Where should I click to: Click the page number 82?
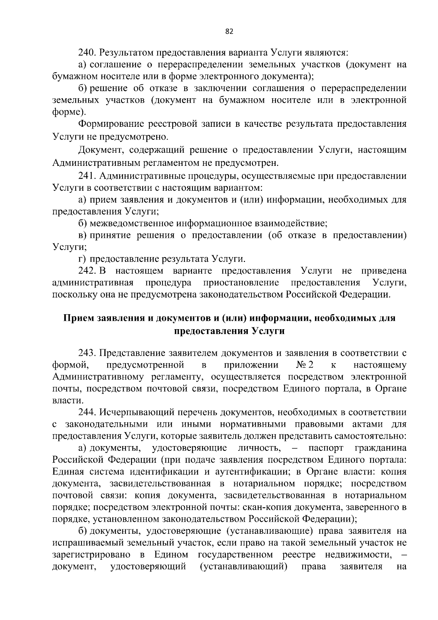coord(229,31)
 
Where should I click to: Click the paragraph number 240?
coord(87,53)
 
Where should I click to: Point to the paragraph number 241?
coord(87,176)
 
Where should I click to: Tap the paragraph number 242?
coord(87,271)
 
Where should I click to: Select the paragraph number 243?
coord(87,353)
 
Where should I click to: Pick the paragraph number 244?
coord(87,412)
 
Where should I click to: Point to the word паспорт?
coord(326,448)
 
